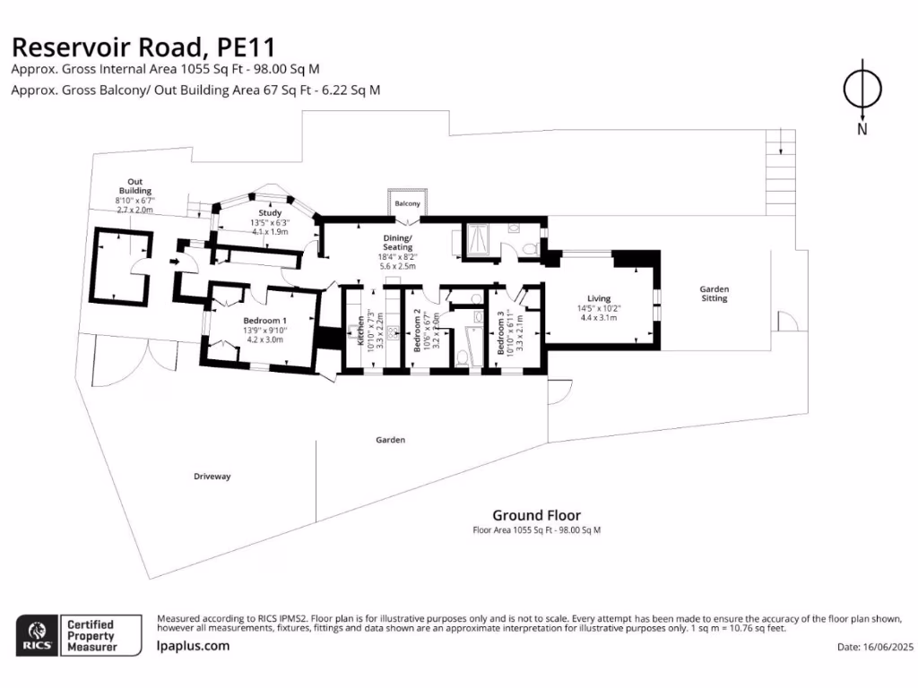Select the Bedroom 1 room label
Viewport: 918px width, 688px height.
coord(264,321)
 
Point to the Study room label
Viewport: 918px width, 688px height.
coord(270,212)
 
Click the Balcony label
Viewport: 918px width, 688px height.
coord(408,204)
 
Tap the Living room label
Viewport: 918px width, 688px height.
coord(599,298)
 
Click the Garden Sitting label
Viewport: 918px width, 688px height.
coord(714,294)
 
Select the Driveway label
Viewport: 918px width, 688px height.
coord(212,477)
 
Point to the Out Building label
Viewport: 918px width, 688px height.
coord(135,186)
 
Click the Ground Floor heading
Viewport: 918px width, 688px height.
coord(536,515)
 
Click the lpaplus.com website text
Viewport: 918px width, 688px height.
coord(193,646)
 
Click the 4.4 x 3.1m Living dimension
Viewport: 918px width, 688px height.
coord(600,317)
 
